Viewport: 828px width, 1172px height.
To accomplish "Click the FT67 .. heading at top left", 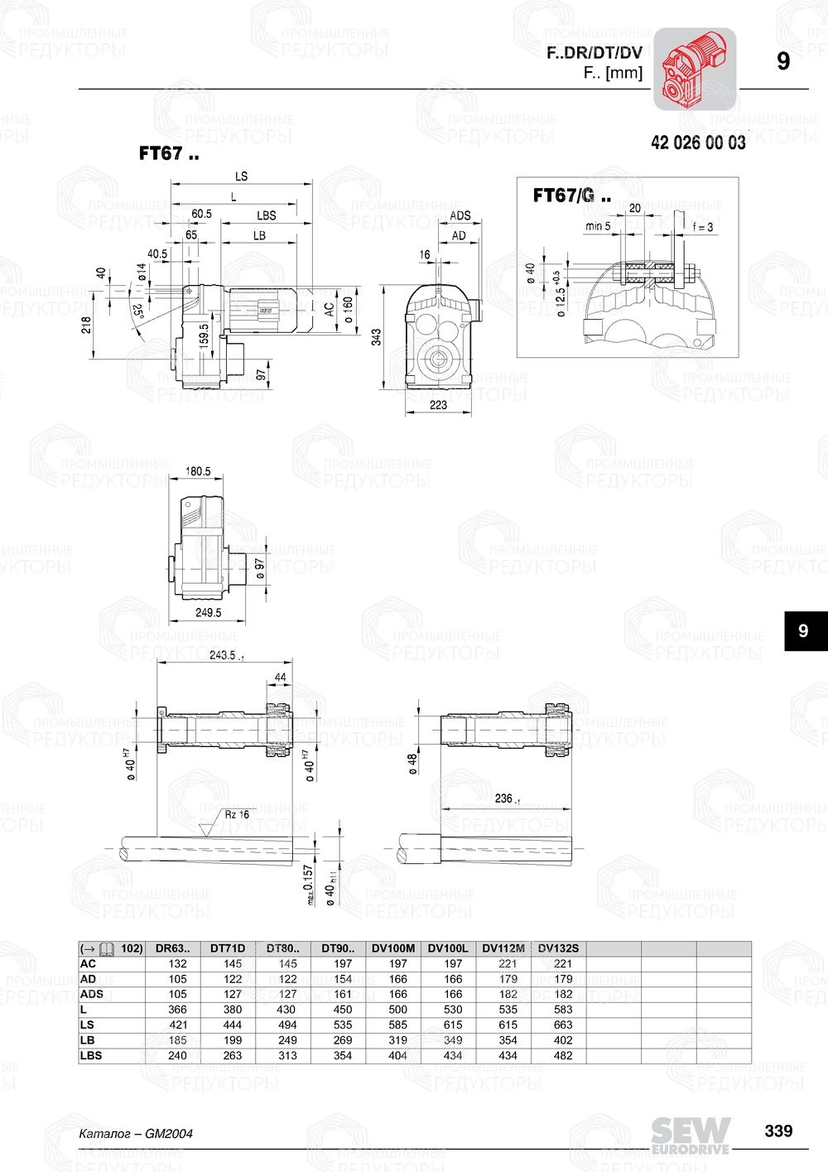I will point(169,153).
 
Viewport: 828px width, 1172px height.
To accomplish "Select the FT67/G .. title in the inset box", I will point(572,195).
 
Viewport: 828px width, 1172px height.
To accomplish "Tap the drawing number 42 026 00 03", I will point(698,142).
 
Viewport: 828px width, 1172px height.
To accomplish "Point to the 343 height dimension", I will point(376,337).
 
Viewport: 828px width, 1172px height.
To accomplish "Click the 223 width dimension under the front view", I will point(438,405).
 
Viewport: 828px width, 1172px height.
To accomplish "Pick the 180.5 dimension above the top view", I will point(198,471).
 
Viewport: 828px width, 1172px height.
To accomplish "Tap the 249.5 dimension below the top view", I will point(208,613).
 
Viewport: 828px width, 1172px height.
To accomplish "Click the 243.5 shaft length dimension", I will point(223,655).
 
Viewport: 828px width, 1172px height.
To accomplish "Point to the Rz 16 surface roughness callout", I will point(236,814).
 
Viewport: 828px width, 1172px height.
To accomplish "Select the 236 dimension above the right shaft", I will point(505,798).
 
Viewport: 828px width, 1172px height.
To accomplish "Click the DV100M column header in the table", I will point(393,948).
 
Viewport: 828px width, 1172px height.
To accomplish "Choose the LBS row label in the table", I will point(91,1055).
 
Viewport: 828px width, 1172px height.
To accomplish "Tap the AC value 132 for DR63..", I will point(177,963).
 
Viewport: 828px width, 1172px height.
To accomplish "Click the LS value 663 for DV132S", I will point(563,1025).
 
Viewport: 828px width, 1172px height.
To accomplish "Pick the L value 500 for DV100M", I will point(397,1010).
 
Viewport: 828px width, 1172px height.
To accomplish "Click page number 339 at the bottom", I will point(778,1131).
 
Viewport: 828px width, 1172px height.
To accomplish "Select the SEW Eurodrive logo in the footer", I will point(690,1136).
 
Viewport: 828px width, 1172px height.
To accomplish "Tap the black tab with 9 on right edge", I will point(803,631).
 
